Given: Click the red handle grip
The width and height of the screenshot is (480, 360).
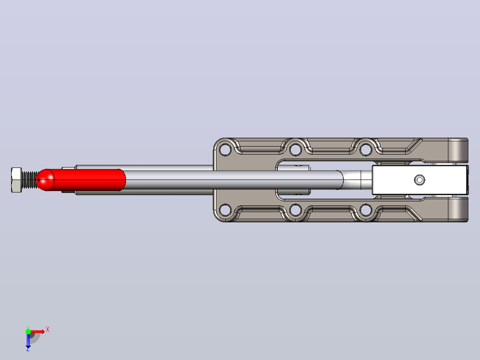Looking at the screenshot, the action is (81, 180).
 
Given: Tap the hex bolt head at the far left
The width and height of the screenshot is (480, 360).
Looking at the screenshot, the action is (16, 180).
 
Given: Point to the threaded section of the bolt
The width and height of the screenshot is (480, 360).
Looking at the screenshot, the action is (29, 180).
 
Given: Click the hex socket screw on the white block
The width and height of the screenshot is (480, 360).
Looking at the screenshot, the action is (419, 180).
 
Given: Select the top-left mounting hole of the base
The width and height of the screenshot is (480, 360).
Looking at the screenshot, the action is (225, 150).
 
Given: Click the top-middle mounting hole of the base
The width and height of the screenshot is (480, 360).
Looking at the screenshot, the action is (295, 150).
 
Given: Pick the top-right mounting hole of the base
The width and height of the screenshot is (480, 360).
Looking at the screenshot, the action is (366, 150).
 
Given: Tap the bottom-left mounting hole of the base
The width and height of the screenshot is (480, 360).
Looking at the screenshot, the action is (225, 210).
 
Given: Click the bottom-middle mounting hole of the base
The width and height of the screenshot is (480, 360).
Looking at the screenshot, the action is (295, 210).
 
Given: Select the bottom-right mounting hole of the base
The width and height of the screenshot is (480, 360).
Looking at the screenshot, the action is (366, 210).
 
